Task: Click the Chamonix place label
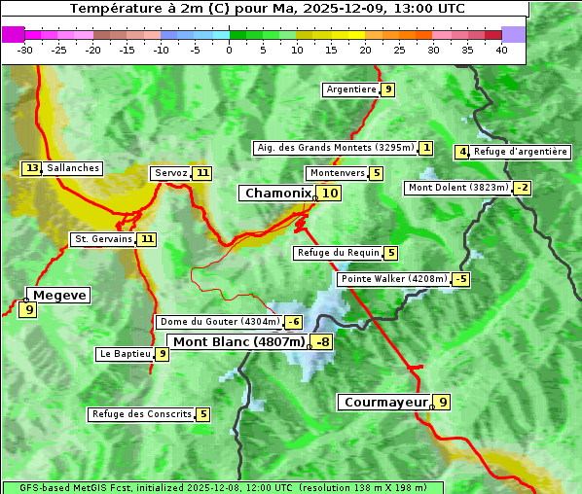coord(277,194)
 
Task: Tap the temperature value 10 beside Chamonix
coord(331,194)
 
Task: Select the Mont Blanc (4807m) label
coord(238,342)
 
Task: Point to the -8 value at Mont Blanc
coord(321,342)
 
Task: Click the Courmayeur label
coord(385,402)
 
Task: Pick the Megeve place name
coord(59,295)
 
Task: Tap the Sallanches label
coord(73,168)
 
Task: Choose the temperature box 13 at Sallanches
coord(32,168)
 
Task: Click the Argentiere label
coord(351,89)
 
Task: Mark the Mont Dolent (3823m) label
coord(458,188)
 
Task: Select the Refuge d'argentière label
coord(521,152)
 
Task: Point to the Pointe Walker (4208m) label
coord(393,279)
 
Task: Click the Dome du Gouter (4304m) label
coord(219,322)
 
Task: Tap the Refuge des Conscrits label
coord(141,414)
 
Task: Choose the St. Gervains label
coord(103,239)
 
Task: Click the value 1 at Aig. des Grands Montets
coord(426,148)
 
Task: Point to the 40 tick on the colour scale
coord(501,50)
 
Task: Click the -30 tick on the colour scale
coord(25,50)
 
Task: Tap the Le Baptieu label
coord(126,354)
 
